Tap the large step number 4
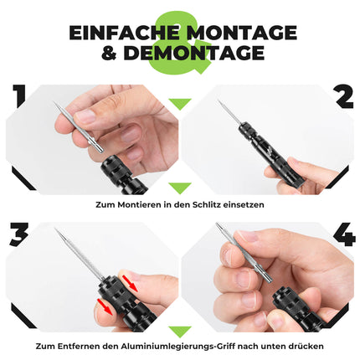(342, 235)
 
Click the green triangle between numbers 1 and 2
(180, 105)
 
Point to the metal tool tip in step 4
(219, 235)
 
